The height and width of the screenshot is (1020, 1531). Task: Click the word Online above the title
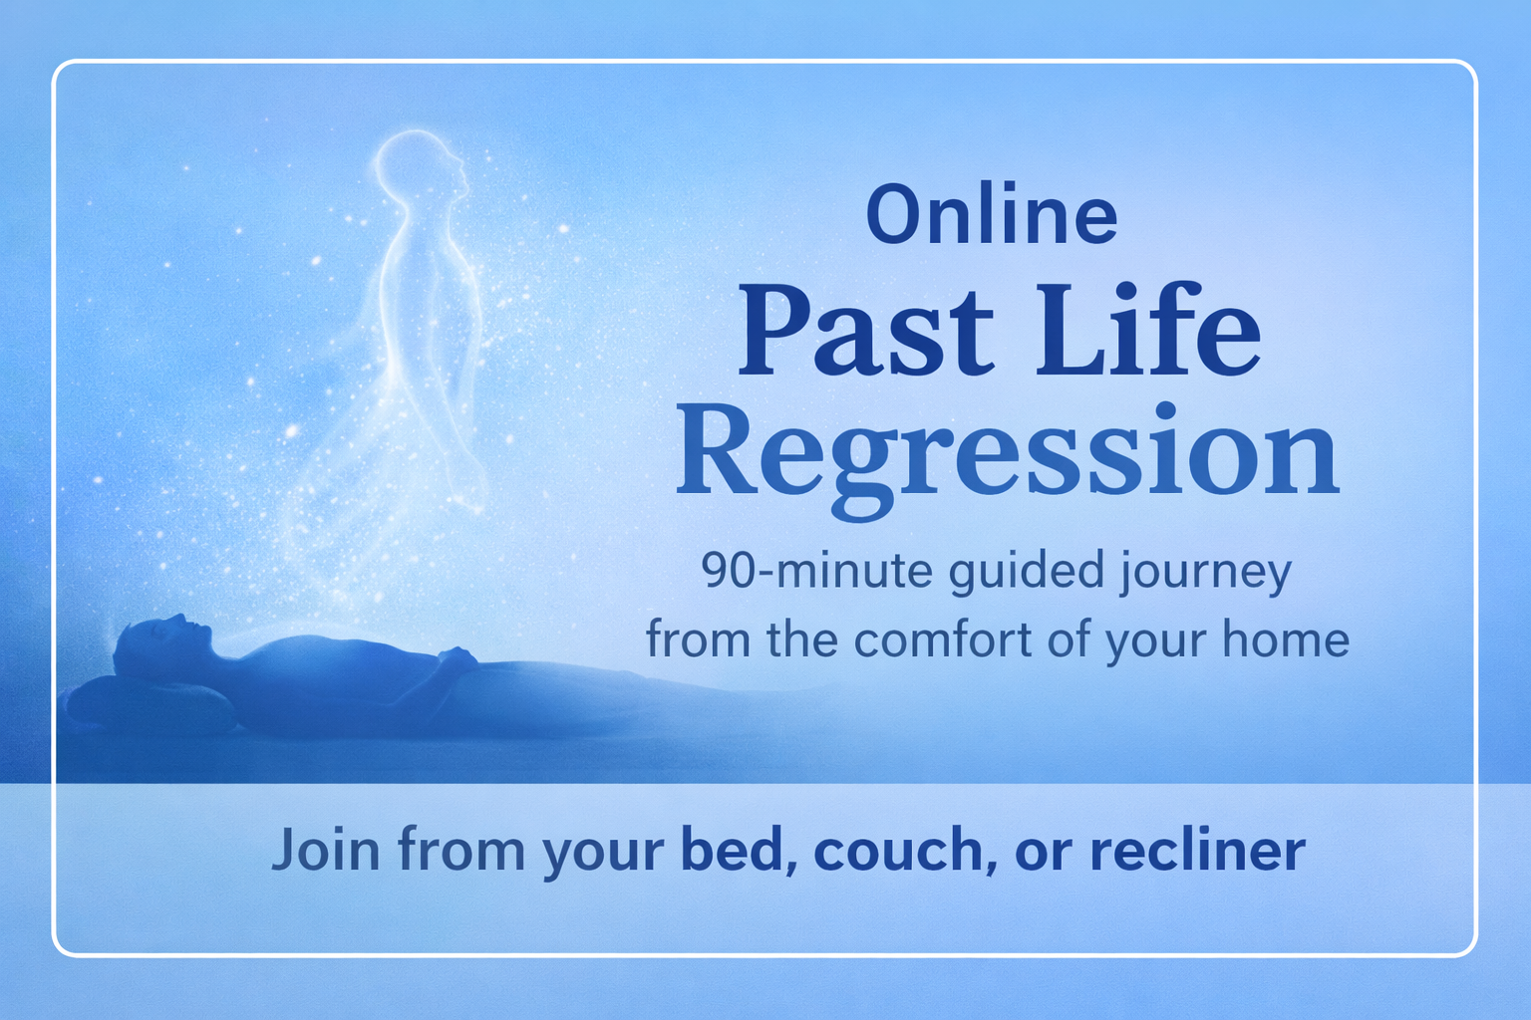(x=991, y=215)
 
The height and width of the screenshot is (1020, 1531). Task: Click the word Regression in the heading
(x=1007, y=453)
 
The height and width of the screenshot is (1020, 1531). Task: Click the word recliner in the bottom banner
(x=1197, y=851)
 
